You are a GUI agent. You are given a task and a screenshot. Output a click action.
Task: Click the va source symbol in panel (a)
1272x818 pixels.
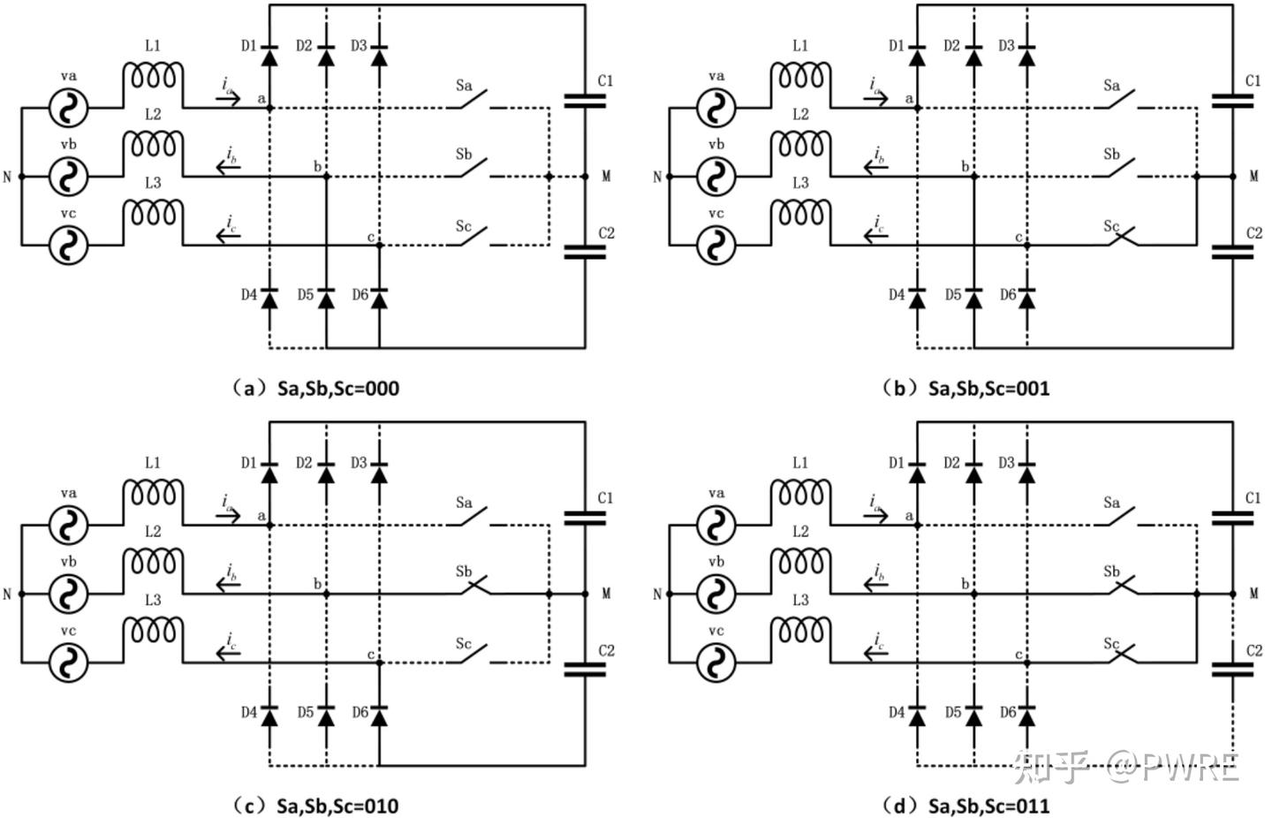pos(69,108)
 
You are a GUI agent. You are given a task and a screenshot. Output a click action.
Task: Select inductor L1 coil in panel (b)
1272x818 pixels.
pos(800,76)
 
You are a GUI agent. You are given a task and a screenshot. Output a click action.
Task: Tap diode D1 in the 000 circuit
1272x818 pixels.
pos(269,56)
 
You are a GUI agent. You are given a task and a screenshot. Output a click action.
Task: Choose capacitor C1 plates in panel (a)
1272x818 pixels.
pos(585,101)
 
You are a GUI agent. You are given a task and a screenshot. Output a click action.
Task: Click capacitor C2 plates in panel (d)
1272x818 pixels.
pos(1233,670)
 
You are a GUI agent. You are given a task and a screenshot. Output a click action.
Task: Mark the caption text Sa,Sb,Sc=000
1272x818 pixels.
pos(338,389)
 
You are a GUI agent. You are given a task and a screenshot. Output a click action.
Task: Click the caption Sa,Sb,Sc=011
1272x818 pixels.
pos(989,806)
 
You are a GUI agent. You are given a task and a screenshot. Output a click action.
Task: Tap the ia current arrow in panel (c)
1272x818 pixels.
pos(228,515)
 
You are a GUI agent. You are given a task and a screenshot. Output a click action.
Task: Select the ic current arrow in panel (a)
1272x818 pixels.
pos(228,235)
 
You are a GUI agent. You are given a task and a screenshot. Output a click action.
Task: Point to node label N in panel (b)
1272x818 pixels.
pos(657,178)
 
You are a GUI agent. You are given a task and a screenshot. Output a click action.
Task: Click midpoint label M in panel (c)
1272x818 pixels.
pos(606,594)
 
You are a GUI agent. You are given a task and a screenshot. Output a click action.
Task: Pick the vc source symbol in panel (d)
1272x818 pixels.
pos(716,663)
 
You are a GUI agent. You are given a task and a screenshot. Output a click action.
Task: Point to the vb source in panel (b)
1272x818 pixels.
pos(716,177)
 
